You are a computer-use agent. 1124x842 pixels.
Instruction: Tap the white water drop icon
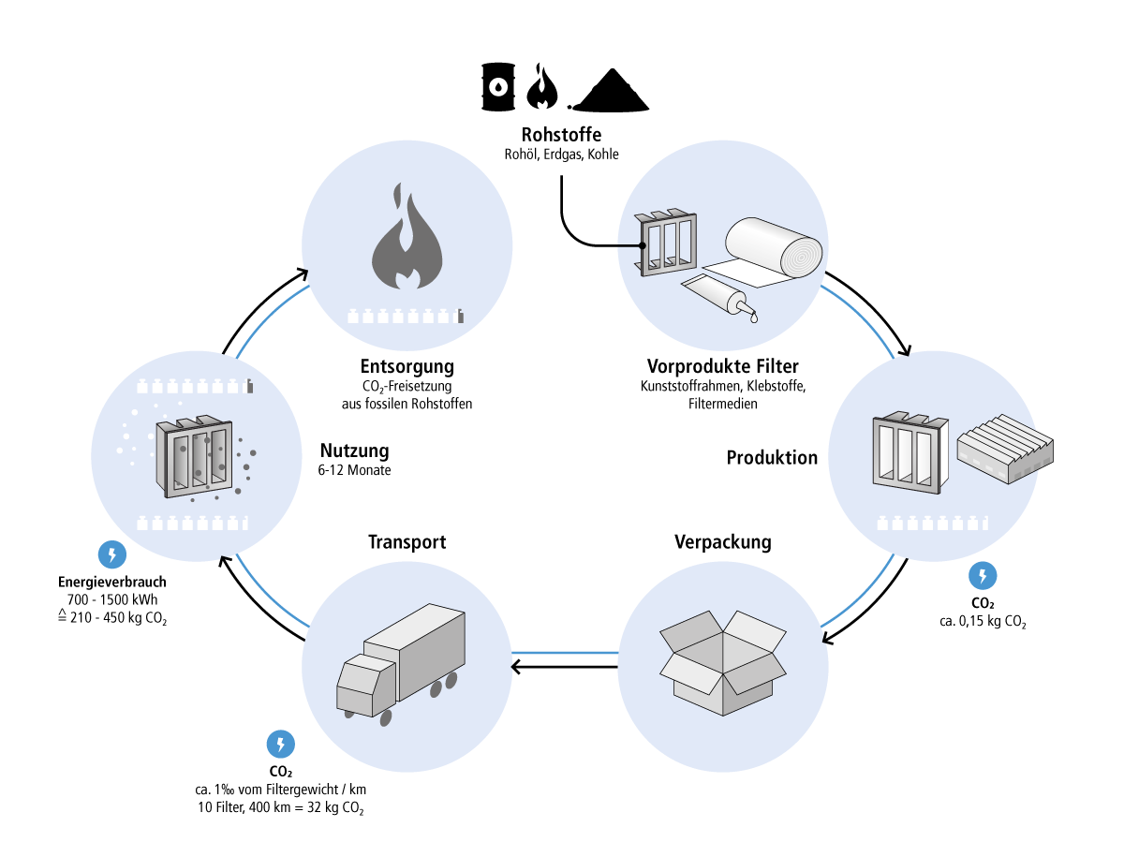[x=498, y=87]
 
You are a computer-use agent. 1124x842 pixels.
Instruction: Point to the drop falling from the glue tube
[x=754, y=318]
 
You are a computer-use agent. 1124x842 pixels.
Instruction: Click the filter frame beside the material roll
[x=667, y=244]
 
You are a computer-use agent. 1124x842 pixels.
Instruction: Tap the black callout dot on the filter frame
[x=643, y=245]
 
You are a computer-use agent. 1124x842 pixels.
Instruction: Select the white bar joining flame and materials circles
[x=565, y=266]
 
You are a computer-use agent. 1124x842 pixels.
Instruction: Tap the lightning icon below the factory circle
[x=983, y=575]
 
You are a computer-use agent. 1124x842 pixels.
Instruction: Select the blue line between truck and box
[x=565, y=653]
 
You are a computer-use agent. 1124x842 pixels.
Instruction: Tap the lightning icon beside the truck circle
[x=281, y=745]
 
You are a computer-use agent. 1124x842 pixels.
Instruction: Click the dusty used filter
[x=195, y=456]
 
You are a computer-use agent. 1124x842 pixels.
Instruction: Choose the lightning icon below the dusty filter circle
[x=112, y=554]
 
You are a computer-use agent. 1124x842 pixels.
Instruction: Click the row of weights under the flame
[x=406, y=317]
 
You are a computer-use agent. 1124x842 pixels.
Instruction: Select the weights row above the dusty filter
[x=195, y=387]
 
